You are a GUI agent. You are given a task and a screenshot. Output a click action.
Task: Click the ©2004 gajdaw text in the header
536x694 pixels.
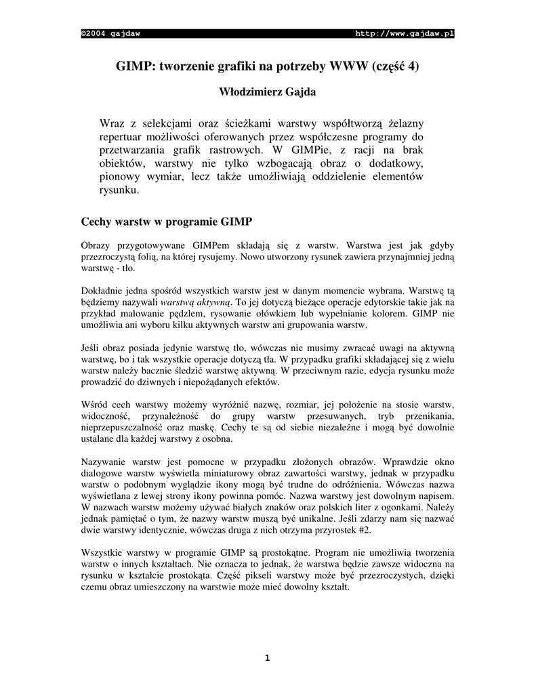coord(110,34)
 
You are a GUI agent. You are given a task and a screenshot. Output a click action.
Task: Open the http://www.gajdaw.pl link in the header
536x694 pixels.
coord(405,34)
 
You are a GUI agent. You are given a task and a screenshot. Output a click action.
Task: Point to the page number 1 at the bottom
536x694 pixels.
coord(268,657)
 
